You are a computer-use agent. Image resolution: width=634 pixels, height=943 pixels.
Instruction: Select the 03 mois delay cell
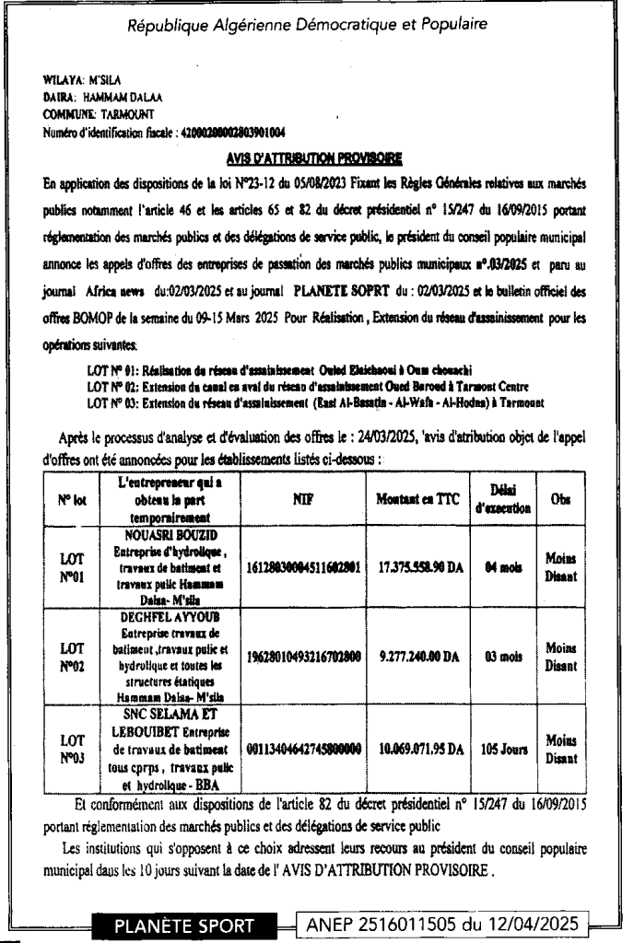point(500,659)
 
